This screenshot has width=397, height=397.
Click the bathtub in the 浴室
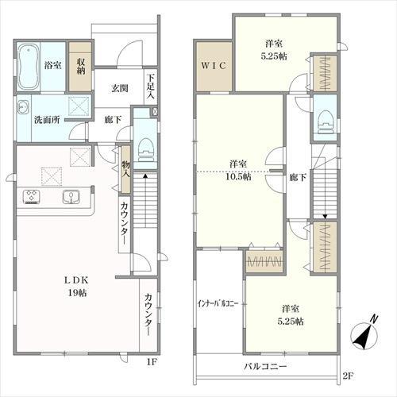point(29,67)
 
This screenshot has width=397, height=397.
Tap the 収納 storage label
point(81,66)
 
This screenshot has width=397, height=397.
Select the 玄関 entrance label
point(120,88)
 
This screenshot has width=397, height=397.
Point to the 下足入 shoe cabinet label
point(151,87)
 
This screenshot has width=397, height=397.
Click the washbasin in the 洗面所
point(23,107)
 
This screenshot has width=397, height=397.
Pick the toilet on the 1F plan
point(146,150)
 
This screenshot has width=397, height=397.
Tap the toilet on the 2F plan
point(325,122)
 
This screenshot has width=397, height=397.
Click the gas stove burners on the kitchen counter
point(32,197)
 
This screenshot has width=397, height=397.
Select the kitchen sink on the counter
point(71,197)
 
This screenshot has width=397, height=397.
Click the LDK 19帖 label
point(77,287)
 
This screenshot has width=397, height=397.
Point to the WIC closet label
point(214,65)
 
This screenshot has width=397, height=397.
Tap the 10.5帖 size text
point(238,176)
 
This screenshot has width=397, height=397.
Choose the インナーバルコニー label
point(218,303)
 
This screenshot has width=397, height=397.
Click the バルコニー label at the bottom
point(265,367)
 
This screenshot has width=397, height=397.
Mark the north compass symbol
point(364,333)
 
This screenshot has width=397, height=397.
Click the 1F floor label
point(152,362)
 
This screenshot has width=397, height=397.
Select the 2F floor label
point(348,376)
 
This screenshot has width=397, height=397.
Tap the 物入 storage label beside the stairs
point(125,169)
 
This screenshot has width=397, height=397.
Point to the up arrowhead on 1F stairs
point(145,175)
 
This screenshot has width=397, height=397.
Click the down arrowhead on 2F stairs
point(325,217)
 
